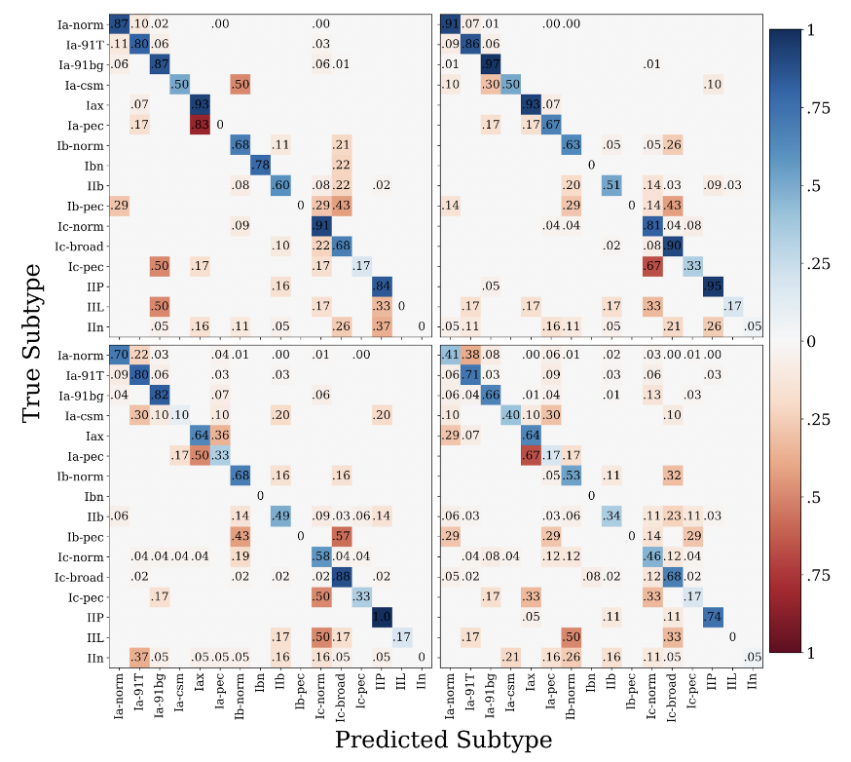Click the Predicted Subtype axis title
(443, 740)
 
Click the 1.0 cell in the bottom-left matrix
(383, 617)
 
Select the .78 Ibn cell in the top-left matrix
(260, 166)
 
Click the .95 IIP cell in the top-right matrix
(715, 286)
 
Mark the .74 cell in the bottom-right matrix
(715, 617)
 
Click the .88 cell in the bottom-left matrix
(342, 577)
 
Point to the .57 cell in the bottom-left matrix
(342, 537)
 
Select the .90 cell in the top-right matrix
(674, 245)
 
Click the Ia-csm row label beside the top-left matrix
(75, 85)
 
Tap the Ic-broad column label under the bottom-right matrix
(674, 699)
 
